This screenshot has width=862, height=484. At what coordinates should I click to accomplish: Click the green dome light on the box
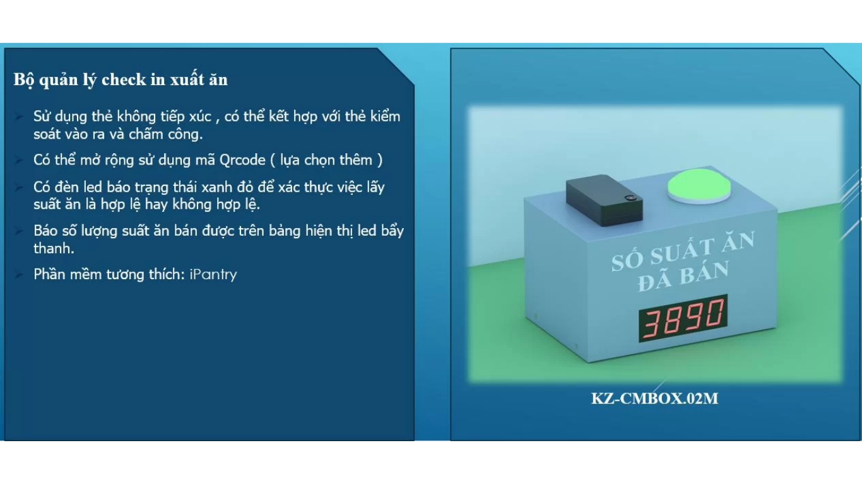pyautogui.click(x=699, y=186)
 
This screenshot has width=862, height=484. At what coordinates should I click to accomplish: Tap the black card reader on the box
pyautogui.click(x=604, y=200)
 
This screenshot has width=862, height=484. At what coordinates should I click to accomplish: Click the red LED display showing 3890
pyautogui.click(x=683, y=318)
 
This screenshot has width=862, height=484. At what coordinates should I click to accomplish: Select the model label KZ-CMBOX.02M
pyautogui.click(x=654, y=398)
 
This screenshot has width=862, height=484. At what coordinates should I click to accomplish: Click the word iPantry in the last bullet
pyautogui.click(x=213, y=275)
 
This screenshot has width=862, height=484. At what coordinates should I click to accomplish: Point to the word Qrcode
pyautogui.click(x=242, y=160)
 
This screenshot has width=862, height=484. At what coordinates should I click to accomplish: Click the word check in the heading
pyautogui.click(x=124, y=79)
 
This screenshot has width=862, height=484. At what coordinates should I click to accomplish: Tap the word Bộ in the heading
pyautogui.click(x=24, y=80)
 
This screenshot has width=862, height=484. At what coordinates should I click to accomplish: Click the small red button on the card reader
pyautogui.click(x=630, y=198)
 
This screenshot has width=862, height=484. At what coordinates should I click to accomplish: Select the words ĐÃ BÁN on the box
pyautogui.click(x=683, y=275)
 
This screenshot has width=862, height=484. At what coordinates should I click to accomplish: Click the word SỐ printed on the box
pyautogui.click(x=628, y=262)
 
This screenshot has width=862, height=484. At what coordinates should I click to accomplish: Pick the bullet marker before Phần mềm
pyautogui.click(x=18, y=275)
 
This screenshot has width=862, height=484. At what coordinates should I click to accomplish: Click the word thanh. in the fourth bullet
pyautogui.click(x=54, y=249)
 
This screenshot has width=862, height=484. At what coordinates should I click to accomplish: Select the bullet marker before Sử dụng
pyautogui.click(x=18, y=116)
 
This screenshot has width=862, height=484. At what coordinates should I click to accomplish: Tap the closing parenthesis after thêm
pyautogui.click(x=380, y=160)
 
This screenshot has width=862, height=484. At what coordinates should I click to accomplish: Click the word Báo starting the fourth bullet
pyautogui.click(x=46, y=231)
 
